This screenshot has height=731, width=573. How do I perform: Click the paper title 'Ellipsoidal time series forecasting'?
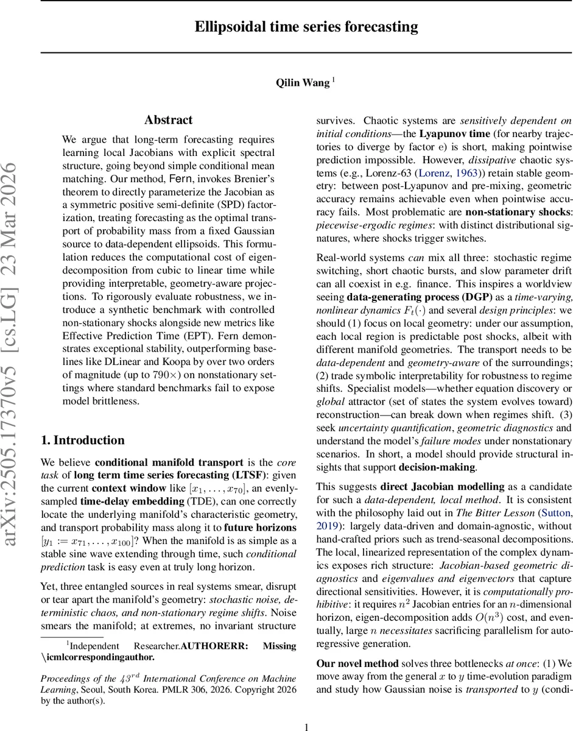point(306,27)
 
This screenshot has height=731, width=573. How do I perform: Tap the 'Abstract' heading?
point(168,120)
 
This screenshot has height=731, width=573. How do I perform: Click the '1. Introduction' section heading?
point(82,440)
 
